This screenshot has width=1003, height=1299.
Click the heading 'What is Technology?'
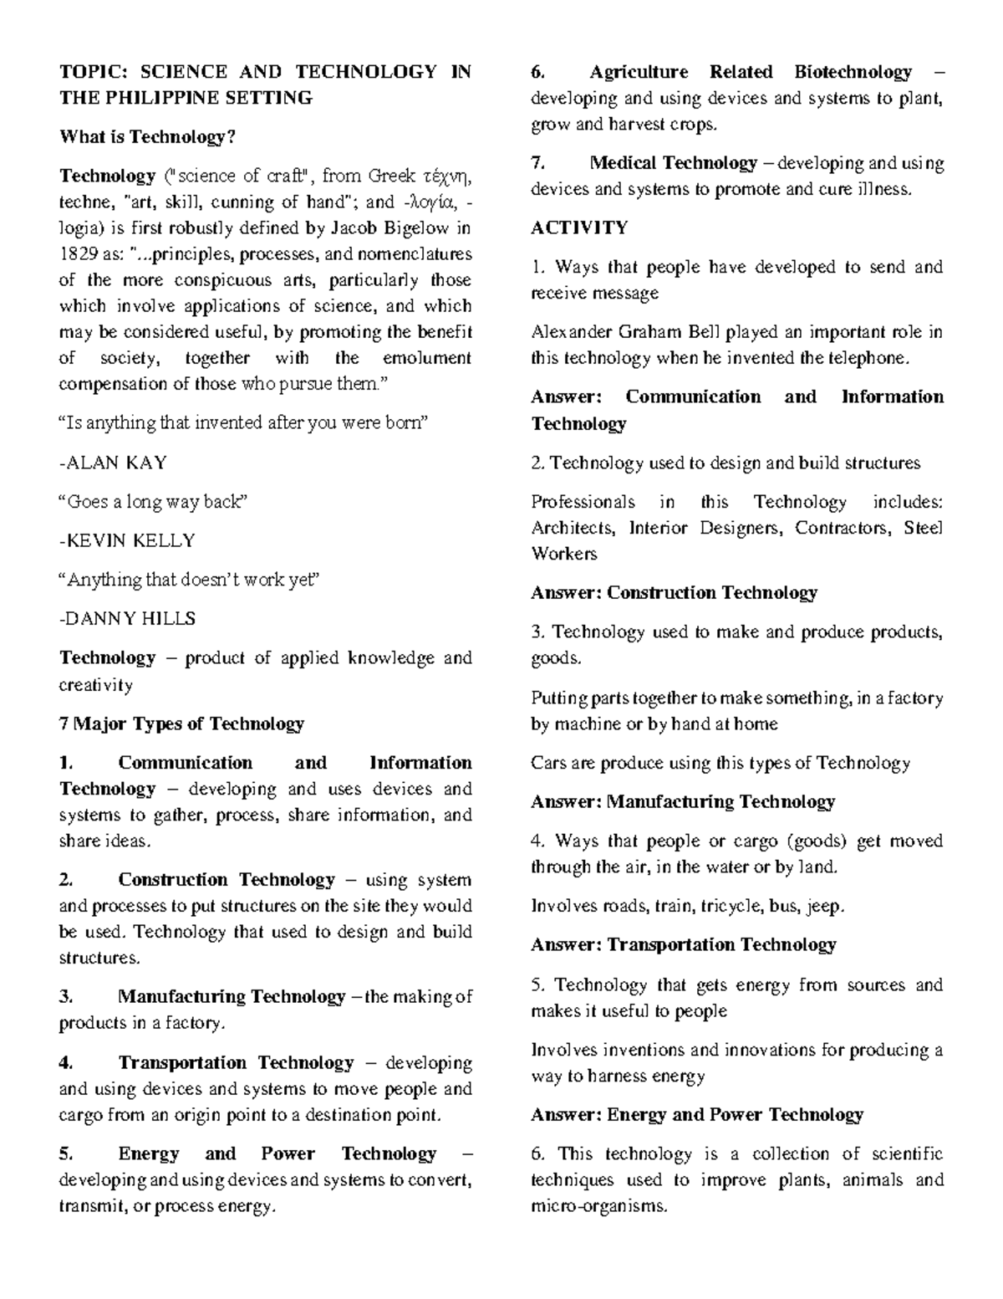[142, 137]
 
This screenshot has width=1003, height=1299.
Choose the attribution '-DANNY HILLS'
[127, 619]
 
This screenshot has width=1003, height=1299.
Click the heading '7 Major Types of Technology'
[181, 724]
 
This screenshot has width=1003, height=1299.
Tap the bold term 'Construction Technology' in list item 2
[226, 880]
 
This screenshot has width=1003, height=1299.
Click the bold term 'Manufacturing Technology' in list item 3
[232, 997]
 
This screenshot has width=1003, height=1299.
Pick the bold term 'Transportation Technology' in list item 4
[236, 1063]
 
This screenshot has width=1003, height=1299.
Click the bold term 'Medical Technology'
[673, 163]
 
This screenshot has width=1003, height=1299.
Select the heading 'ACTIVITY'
[579, 228]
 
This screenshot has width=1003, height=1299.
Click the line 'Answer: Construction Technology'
[674, 593]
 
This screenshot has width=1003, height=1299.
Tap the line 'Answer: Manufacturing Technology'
[683, 802]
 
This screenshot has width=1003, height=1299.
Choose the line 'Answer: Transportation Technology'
[683, 945]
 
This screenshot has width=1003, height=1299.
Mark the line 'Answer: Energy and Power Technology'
[697, 1115]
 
